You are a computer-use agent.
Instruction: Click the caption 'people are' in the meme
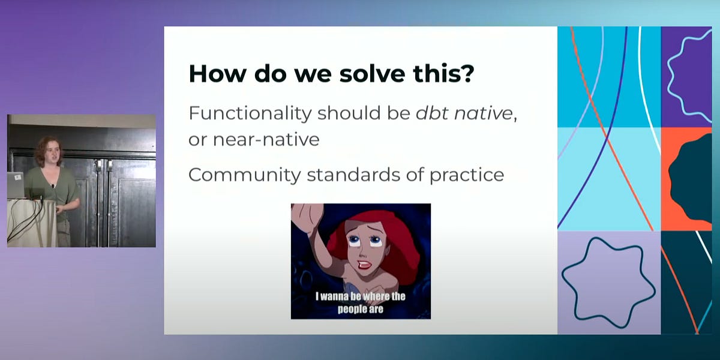pyautogui.click(x=360, y=310)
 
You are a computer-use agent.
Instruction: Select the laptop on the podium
pyautogui.click(x=16, y=184)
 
